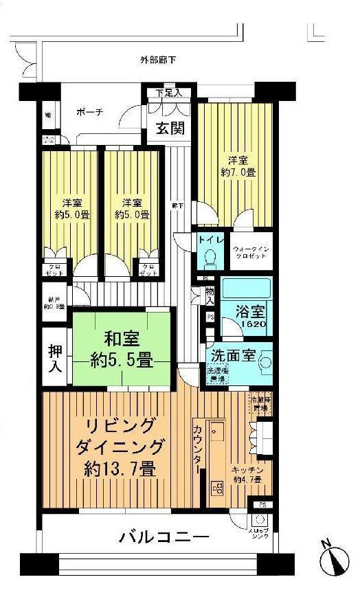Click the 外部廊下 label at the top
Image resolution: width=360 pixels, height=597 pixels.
(158, 60)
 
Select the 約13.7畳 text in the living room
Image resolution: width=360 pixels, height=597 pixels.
(120, 470)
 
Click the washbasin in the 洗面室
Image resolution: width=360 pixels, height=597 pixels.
(264, 362)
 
